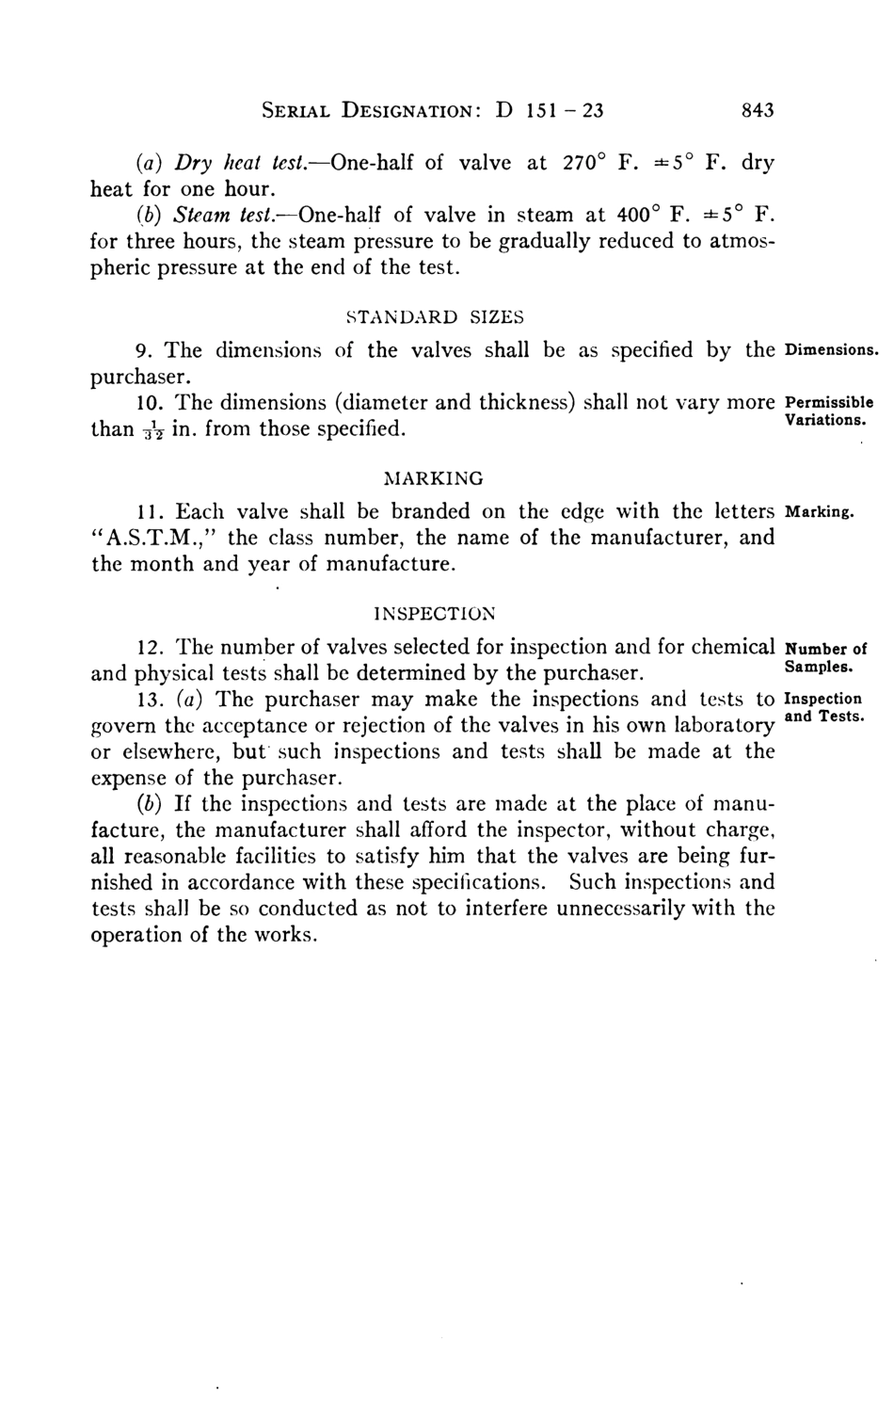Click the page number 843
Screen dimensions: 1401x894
coord(758,110)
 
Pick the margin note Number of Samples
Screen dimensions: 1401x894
coord(823,657)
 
